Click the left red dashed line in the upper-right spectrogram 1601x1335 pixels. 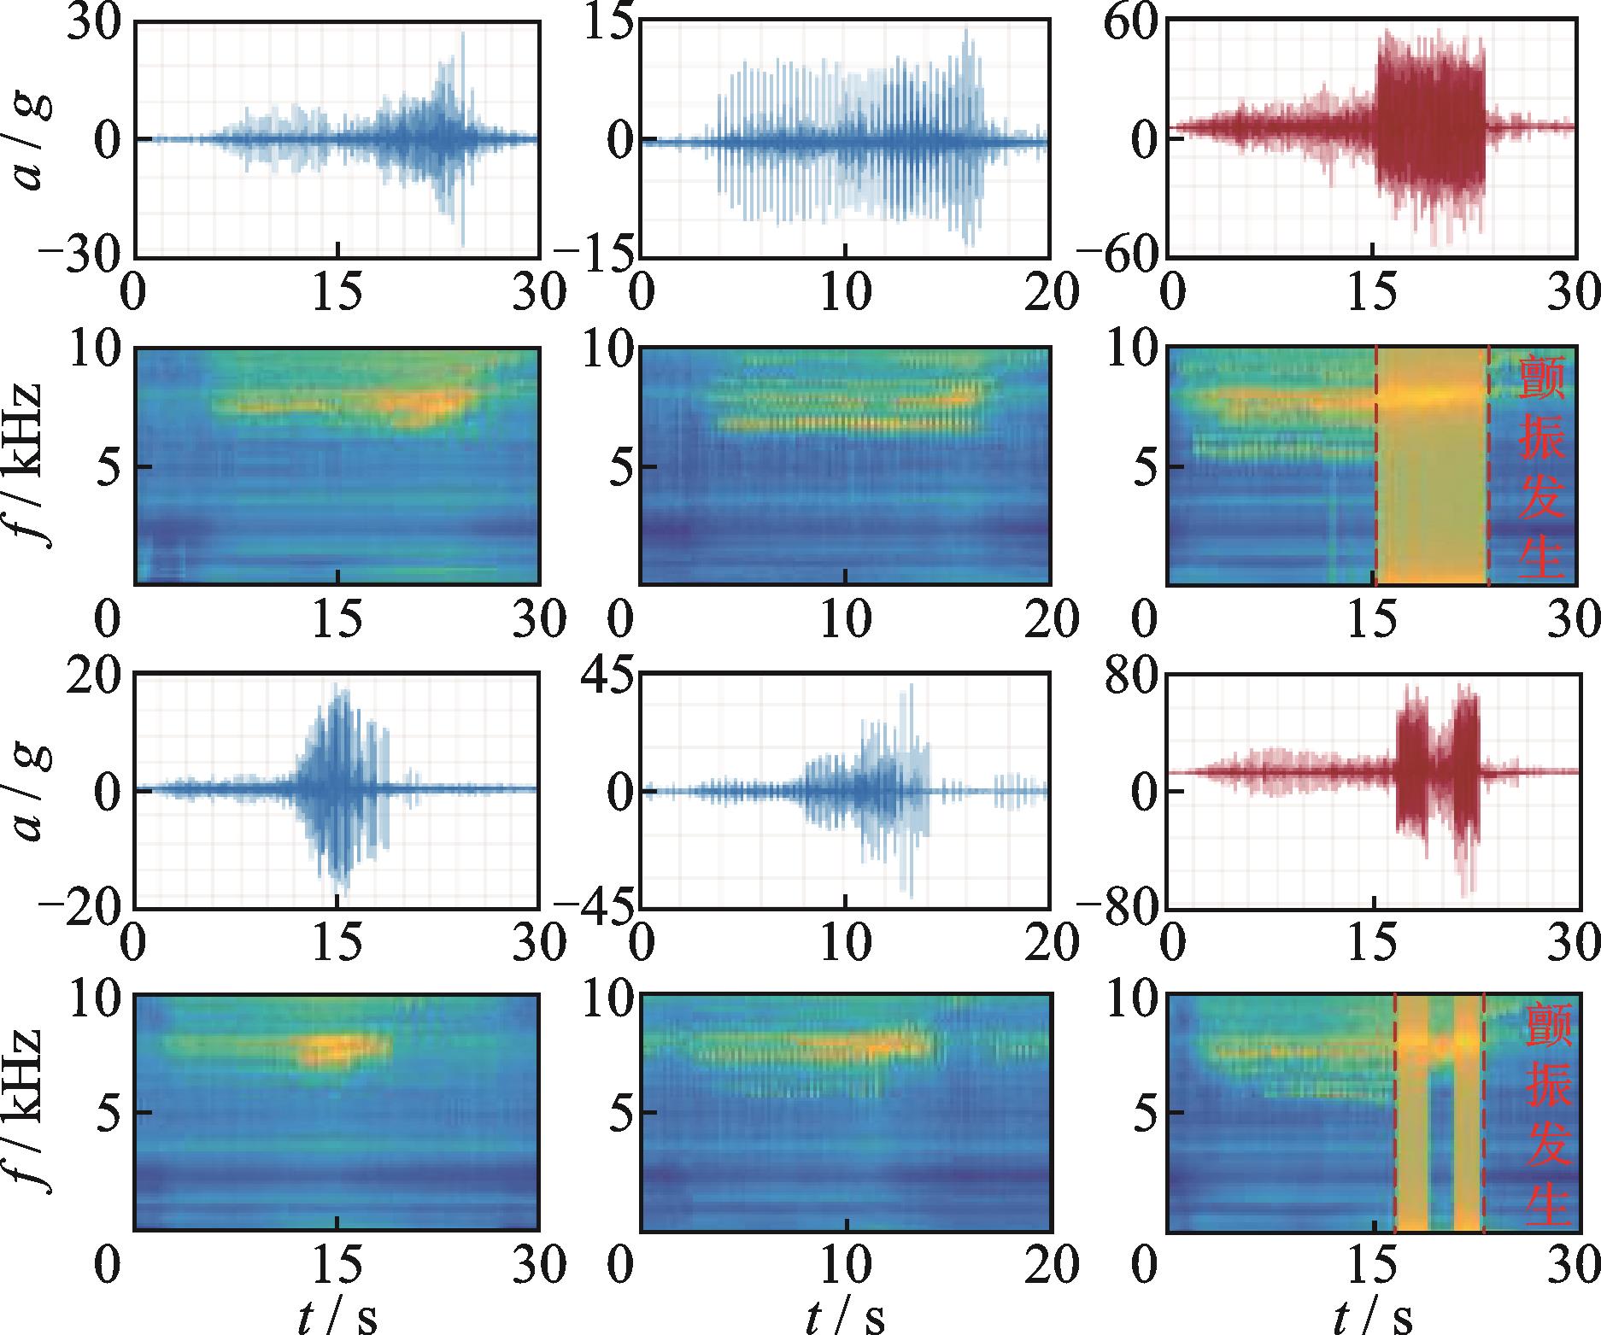point(1375,465)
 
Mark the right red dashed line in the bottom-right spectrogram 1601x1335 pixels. point(1483,1110)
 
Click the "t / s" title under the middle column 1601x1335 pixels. point(845,1316)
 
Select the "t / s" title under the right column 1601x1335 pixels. point(1373,1316)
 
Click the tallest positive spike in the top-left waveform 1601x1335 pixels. point(463,34)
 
